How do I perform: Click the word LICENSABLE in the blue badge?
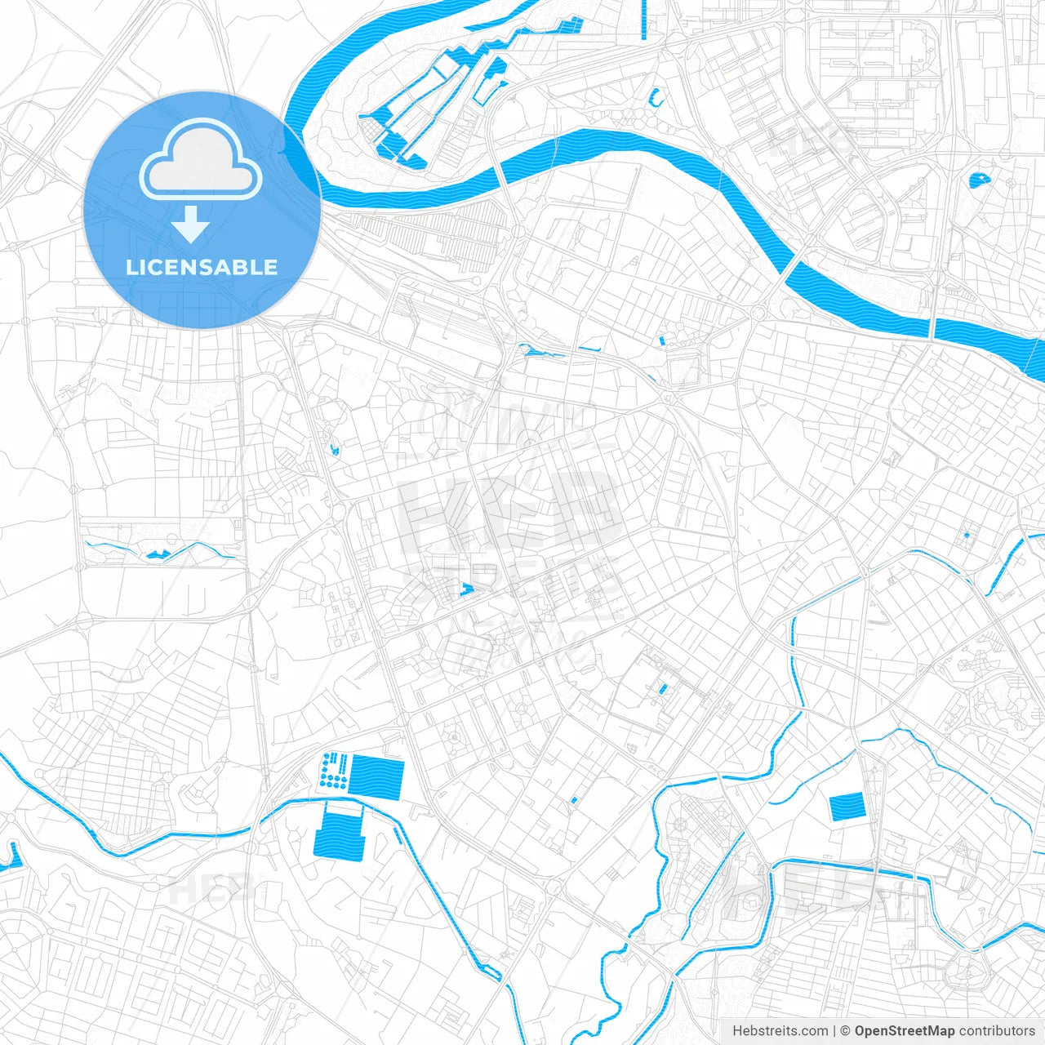[202, 268]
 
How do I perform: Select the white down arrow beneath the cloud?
[191, 225]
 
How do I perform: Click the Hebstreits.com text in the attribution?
[780, 1031]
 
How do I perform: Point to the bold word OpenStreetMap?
[904, 1031]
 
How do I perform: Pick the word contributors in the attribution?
[997, 1031]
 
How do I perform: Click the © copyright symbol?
[846, 1031]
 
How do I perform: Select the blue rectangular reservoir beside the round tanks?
[377, 776]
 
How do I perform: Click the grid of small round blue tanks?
[334, 772]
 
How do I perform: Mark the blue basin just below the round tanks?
[339, 830]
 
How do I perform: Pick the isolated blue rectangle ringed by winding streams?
[847, 807]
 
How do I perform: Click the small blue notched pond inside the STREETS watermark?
[467, 589]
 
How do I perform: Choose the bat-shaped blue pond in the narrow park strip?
[157, 554]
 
